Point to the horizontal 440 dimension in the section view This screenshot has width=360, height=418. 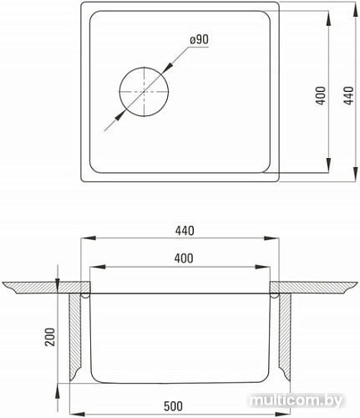coord(182,232)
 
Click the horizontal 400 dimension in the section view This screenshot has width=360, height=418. coord(182,259)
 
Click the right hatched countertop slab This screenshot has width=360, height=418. coord(322,288)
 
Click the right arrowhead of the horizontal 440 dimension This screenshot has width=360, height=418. coord(281,240)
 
